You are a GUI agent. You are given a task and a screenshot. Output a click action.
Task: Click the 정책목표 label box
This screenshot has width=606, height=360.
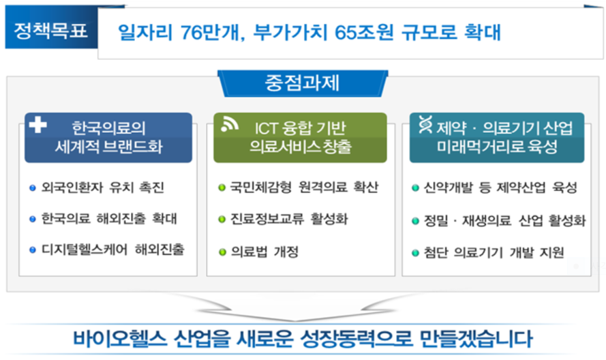[x=51, y=30]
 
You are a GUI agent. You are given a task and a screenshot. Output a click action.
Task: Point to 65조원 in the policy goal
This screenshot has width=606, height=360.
[x=364, y=32]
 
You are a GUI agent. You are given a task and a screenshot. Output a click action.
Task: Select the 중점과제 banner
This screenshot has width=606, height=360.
[x=303, y=83]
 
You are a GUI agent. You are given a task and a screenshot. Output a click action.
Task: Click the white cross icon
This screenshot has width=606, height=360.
[x=38, y=125]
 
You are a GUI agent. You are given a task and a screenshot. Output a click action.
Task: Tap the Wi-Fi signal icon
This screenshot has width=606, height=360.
[x=230, y=125]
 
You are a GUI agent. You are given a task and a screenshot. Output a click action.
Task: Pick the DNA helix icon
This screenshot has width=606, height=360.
[x=425, y=125]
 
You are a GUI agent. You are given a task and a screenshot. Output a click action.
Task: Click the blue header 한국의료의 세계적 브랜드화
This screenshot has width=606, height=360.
[x=108, y=138]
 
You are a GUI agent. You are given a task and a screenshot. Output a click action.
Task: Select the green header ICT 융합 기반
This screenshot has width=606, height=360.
[x=301, y=138]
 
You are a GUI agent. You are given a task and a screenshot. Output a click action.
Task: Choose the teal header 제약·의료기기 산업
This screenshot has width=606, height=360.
[x=497, y=138]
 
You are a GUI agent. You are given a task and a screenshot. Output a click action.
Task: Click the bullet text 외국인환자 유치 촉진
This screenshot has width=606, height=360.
[x=103, y=187]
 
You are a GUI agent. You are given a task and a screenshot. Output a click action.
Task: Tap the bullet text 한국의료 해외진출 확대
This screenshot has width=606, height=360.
[x=109, y=218]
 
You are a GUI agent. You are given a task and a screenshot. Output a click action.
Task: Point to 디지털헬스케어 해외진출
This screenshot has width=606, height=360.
[x=113, y=250]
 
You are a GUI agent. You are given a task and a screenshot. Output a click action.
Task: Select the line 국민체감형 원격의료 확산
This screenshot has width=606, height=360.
[x=304, y=187]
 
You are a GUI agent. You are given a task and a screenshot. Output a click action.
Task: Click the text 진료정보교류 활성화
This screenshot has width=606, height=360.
[x=289, y=219]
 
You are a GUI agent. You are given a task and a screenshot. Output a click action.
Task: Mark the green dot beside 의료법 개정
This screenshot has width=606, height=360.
[x=222, y=252]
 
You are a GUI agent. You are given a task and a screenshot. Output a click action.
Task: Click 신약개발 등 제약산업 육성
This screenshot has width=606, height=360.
[x=500, y=187]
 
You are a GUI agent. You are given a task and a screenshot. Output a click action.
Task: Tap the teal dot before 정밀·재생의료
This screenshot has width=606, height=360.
[x=415, y=221]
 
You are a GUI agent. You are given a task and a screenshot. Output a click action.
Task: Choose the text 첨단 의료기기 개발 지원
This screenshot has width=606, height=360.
[x=494, y=252]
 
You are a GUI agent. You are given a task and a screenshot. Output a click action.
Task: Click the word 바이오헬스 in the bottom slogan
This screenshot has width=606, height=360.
[x=120, y=339]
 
